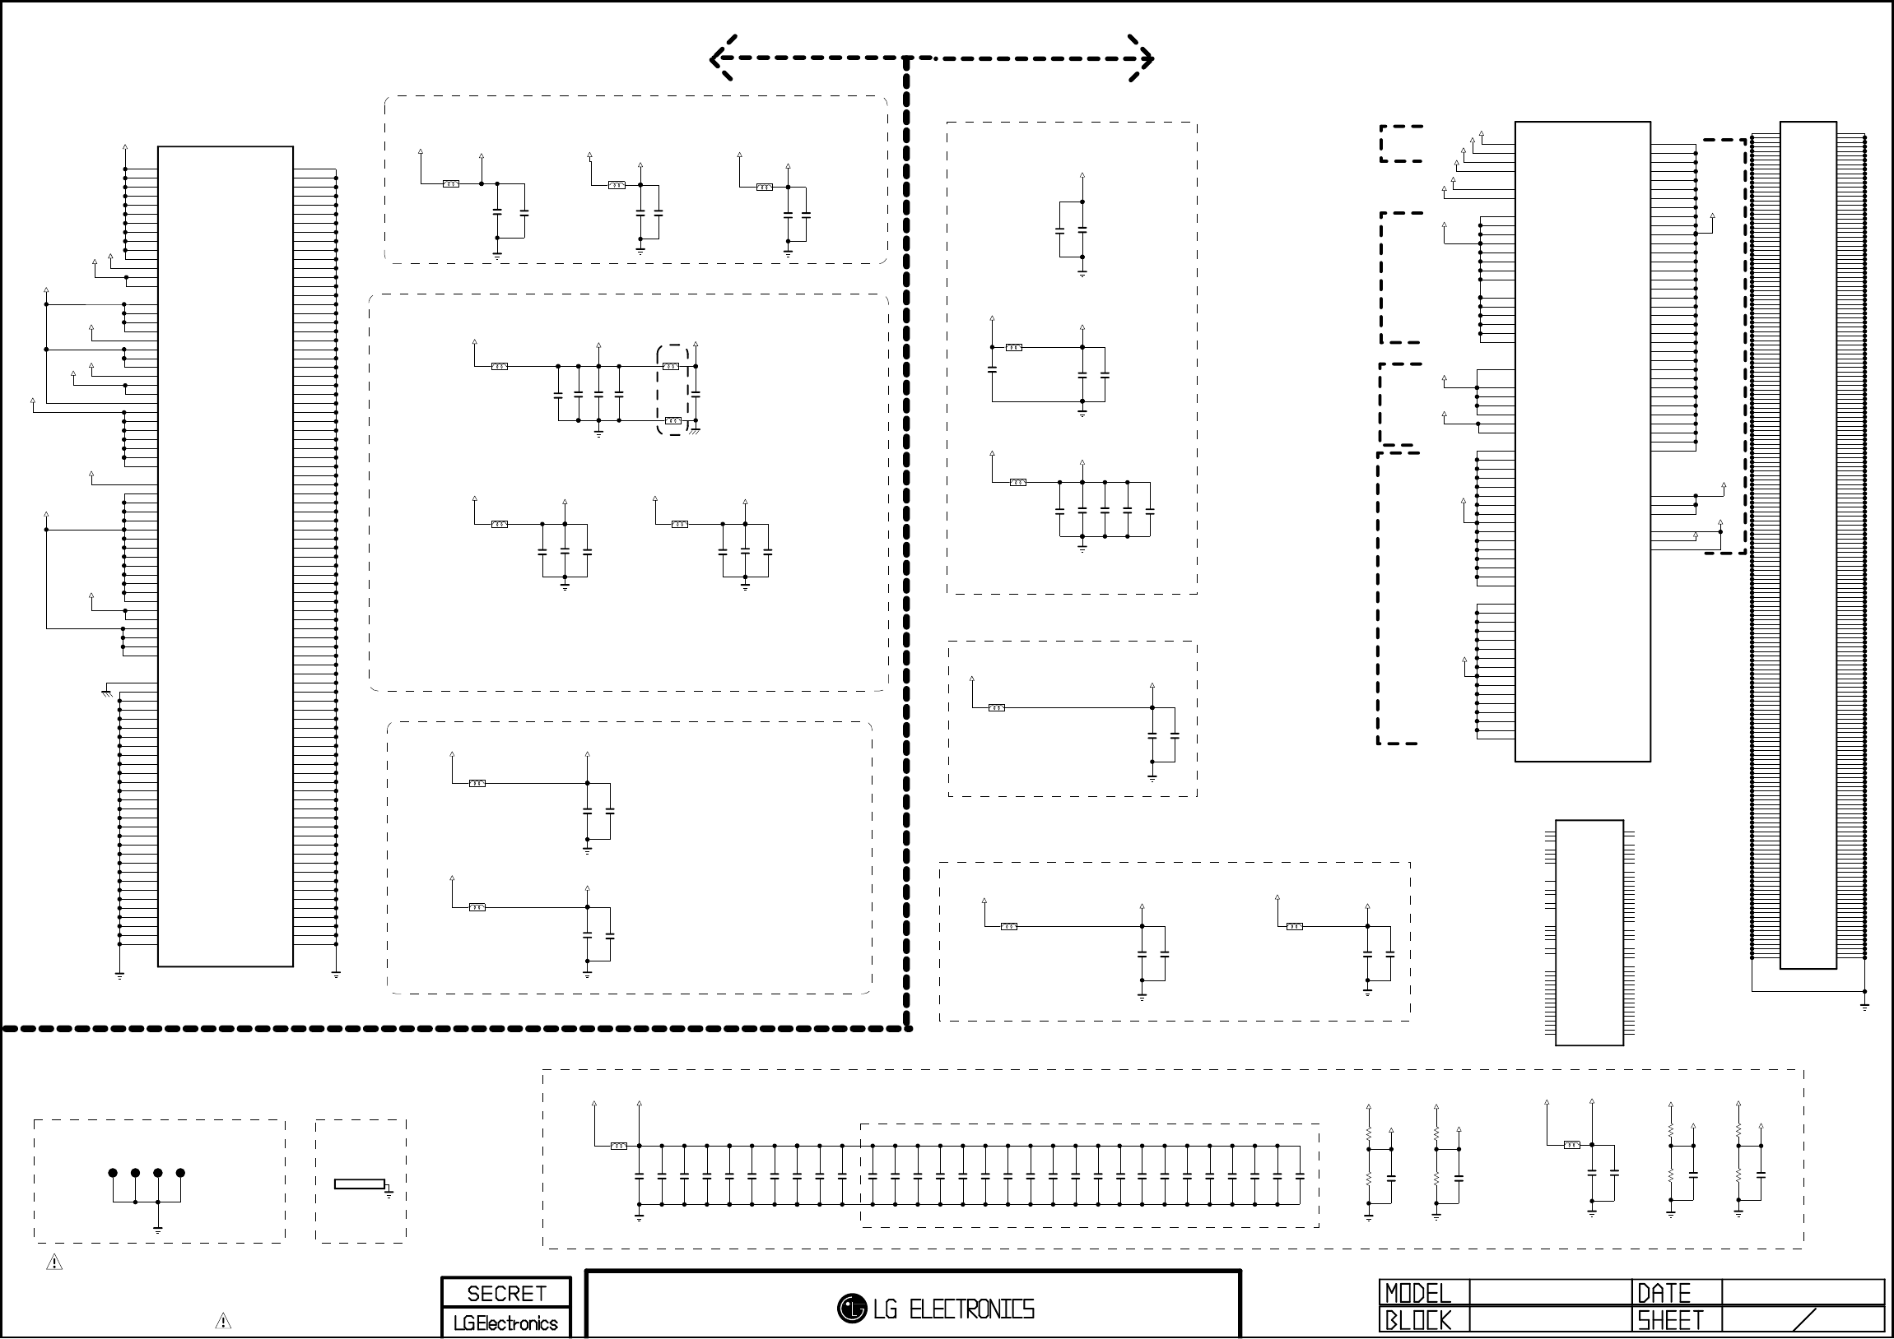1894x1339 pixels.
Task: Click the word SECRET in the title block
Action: (506, 1294)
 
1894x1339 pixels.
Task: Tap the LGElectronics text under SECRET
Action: (505, 1323)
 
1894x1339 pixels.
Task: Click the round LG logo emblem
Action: (851, 1308)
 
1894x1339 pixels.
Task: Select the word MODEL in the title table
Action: (1417, 1293)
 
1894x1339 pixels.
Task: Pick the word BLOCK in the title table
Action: (1417, 1321)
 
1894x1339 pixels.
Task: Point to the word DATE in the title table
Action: (1664, 1293)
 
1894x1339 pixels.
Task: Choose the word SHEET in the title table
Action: (1670, 1321)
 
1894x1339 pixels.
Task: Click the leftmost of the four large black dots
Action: (113, 1173)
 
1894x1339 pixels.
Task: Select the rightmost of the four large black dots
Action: (180, 1173)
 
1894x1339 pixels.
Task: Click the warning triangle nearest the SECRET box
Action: (223, 1321)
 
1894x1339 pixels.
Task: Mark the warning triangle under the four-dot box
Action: (54, 1263)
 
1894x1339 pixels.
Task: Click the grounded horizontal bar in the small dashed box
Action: (360, 1184)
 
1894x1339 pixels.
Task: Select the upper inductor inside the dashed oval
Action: (671, 366)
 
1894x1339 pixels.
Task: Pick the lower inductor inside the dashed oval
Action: (673, 420)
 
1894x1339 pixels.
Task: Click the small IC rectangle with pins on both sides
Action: (1589, 933)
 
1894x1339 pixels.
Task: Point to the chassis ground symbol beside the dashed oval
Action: (696, 429)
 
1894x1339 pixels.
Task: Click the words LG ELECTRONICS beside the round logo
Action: (954, 1309)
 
